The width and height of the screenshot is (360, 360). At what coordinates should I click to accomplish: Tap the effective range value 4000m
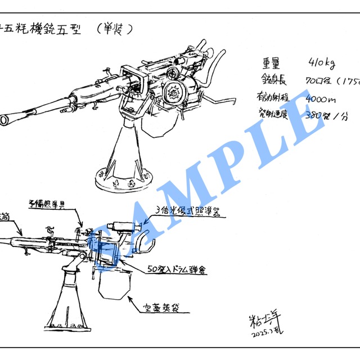pos(321,99)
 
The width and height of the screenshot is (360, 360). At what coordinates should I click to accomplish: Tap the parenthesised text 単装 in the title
pos(115,28)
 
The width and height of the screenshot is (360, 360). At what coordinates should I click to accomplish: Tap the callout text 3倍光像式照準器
pos(187,211)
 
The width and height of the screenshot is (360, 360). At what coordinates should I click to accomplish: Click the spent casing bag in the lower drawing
pos(114,286)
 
